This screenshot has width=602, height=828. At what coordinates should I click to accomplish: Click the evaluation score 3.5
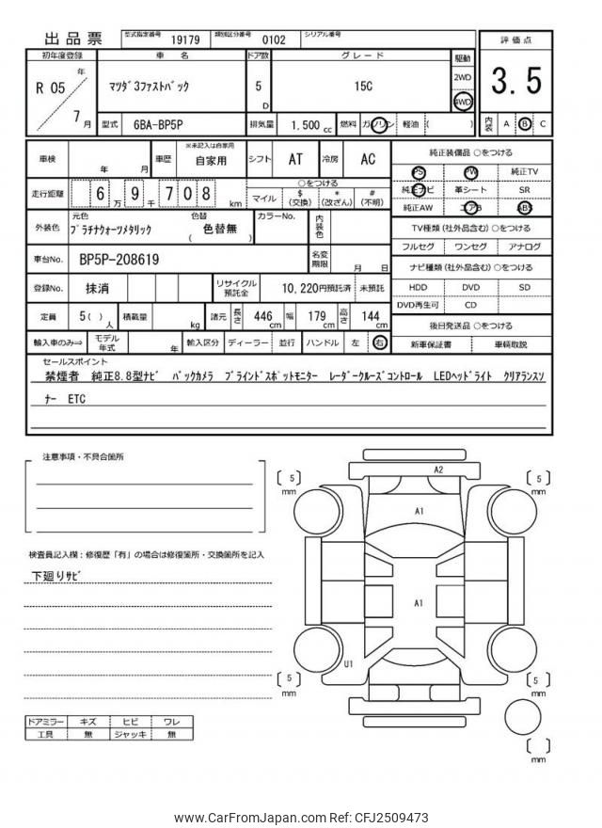pyautogui.click(x=515, y=83)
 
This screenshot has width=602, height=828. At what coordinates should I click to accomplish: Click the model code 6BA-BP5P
pyautogui.click(x=156, y=124)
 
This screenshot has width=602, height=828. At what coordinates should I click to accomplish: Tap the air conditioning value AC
pyautogui.click(x=367, y=160)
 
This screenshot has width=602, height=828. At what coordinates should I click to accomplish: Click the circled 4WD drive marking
pyautogui.click(x=463, y=101)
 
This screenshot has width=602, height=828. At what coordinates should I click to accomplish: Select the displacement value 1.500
pyautogui.click(x=306, y=124)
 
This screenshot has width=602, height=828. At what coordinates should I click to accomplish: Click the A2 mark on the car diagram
pyautogui.click(x=437, y=470)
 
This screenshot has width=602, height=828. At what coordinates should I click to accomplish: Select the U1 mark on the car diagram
pyautogui.click(x=349, y=664)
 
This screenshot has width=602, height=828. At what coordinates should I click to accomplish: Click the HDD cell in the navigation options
pyautogui.click(x=418, y=287)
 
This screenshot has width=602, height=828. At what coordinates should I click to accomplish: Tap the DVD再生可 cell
pyautogui.click(x=418, y=305)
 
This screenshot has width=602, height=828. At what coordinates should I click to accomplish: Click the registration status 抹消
pyautogui.click(x=95, y=287)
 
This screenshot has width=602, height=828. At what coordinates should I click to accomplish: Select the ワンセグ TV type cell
pyautogui.click(x=470, y=247)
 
